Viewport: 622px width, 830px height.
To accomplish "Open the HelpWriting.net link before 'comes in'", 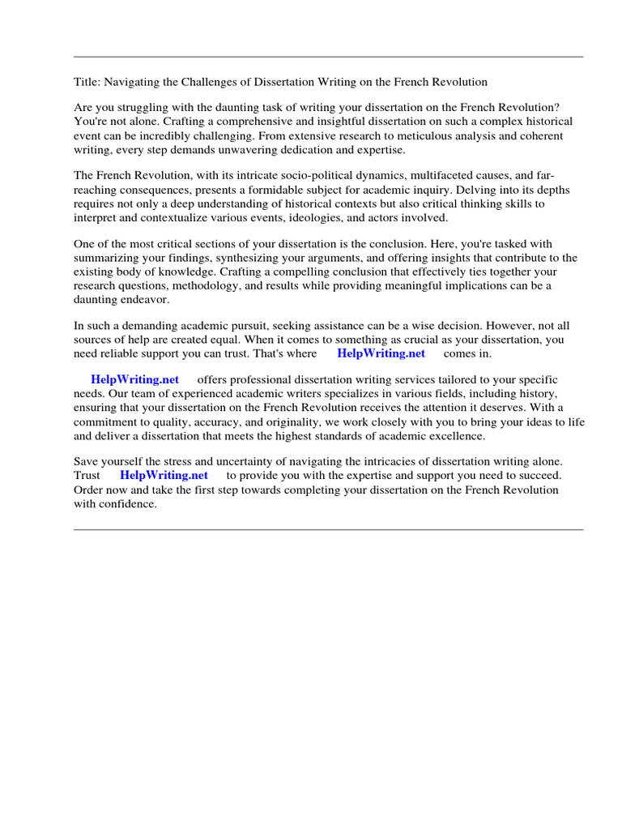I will [381, 353].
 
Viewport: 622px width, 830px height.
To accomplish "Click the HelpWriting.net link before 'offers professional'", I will [134, 379].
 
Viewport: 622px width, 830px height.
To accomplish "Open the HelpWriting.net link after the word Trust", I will [164, 475].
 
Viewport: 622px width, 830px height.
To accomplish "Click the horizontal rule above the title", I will [328, 57].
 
